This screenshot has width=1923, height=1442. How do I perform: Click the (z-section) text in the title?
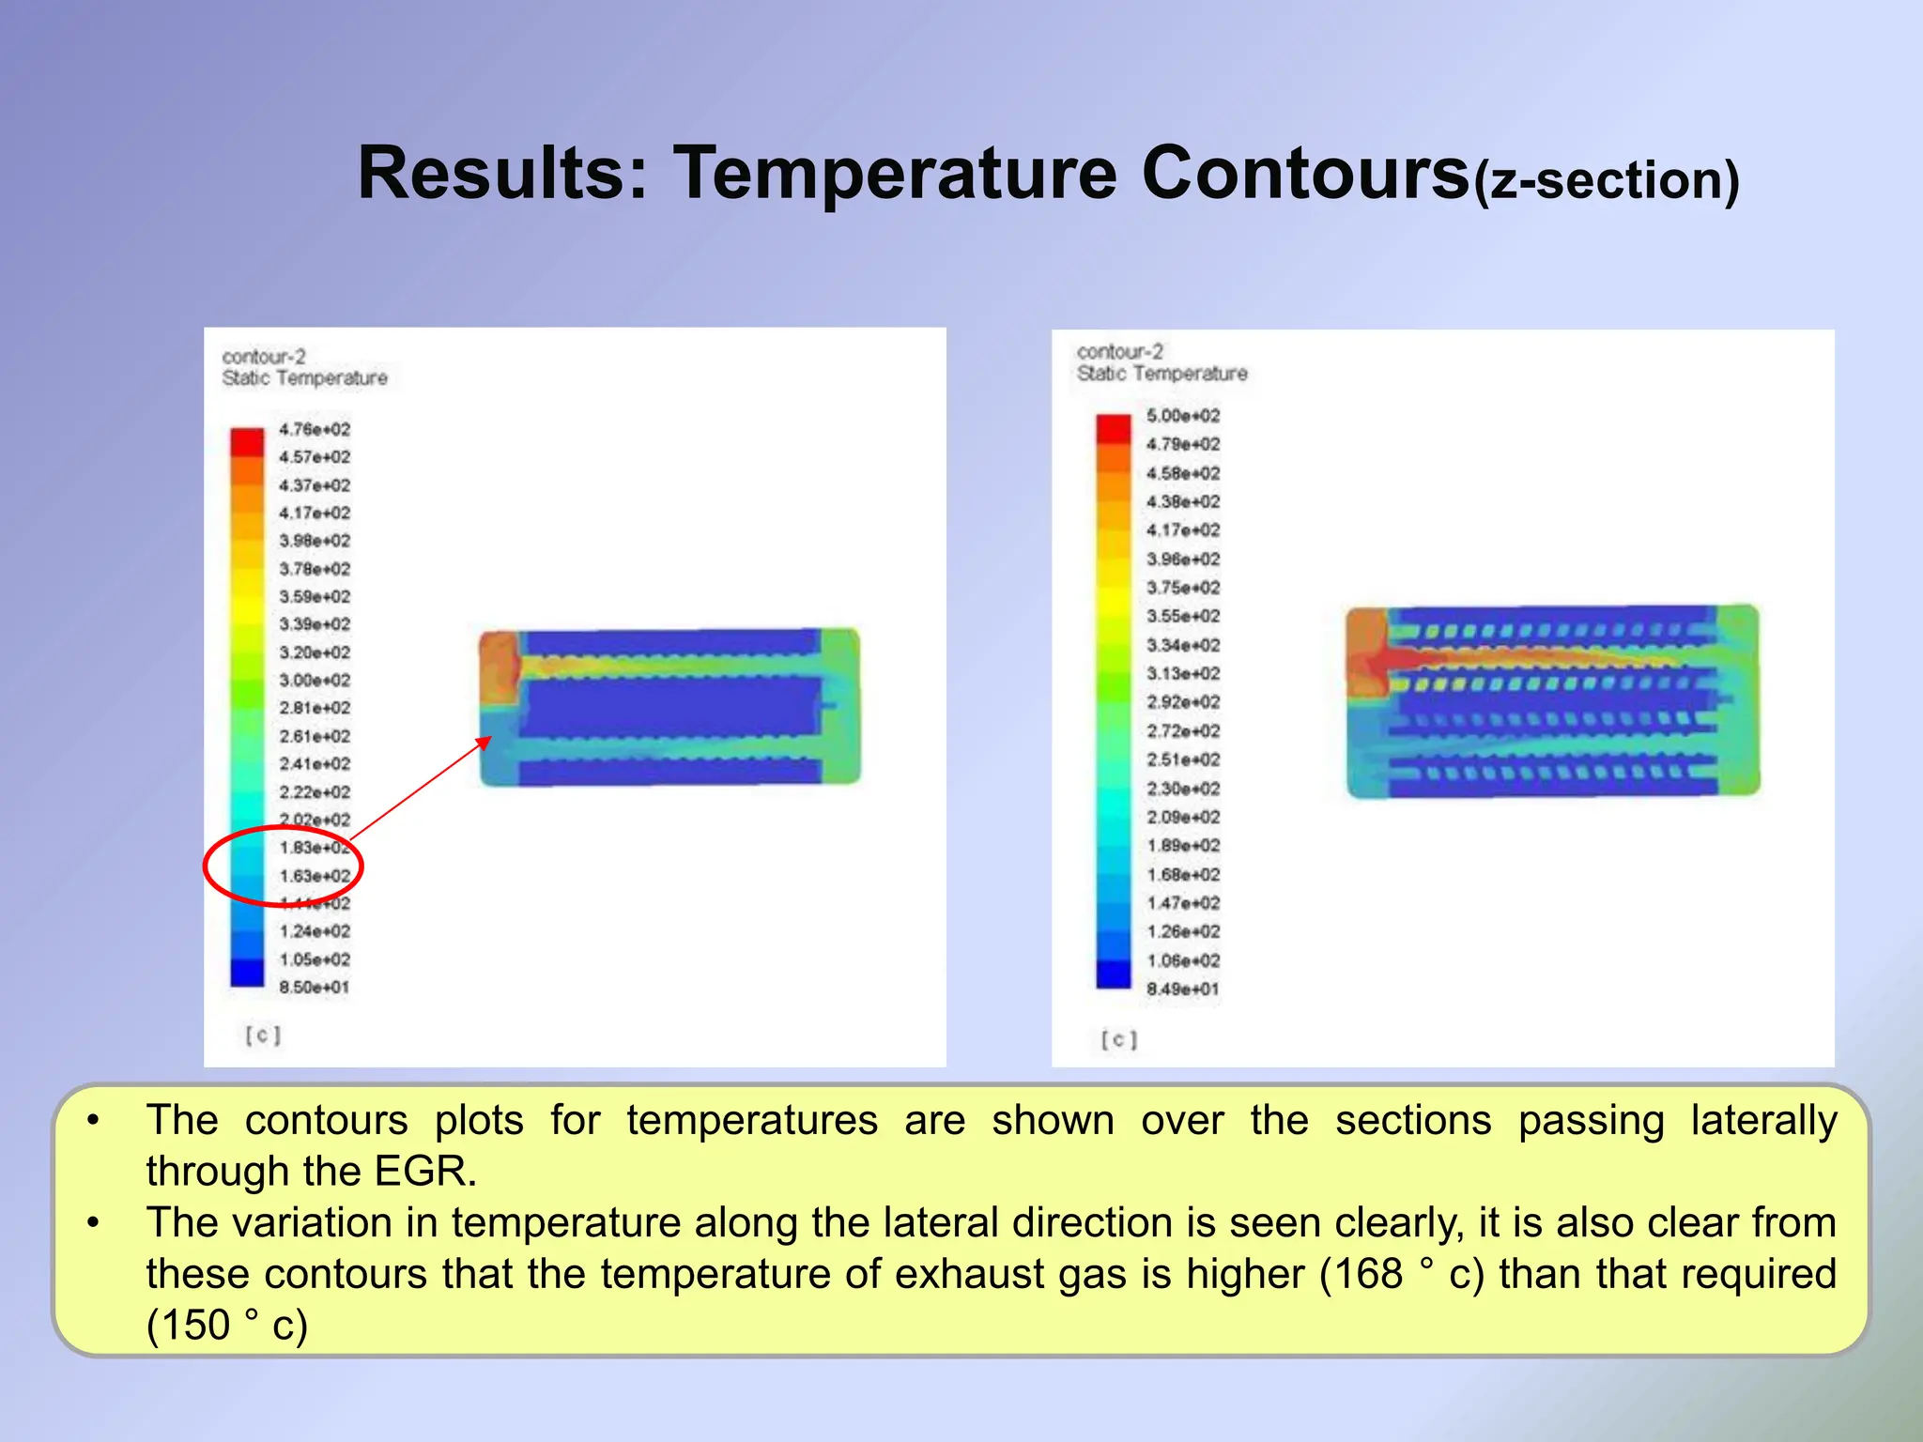coord(1606,180)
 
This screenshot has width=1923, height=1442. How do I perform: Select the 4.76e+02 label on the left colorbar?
coord(315,430)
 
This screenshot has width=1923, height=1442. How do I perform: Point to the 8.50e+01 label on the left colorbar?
coord(314,988)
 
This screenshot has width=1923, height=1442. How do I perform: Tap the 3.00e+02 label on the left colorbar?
coord(315,681)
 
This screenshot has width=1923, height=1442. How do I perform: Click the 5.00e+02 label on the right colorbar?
coord(1183,416)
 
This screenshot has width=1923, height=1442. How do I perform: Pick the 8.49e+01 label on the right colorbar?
coord(1182,989)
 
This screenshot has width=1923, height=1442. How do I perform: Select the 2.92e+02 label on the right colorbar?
coord(1183,702)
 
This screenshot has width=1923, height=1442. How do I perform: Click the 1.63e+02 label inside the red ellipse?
coord(315,876)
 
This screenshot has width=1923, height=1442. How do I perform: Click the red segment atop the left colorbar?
coord(248,441)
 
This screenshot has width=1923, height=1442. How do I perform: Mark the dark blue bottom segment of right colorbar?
coord(1114,974)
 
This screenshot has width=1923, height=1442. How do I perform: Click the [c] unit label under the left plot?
coord(263,1035)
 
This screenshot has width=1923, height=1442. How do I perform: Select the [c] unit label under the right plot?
coord(1119,1040)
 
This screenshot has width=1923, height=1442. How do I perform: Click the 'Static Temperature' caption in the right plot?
coord(1161,374)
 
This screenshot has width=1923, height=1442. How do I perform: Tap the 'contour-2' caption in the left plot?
coord(264,357)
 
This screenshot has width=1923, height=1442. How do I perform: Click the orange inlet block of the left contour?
coord(499,668)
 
